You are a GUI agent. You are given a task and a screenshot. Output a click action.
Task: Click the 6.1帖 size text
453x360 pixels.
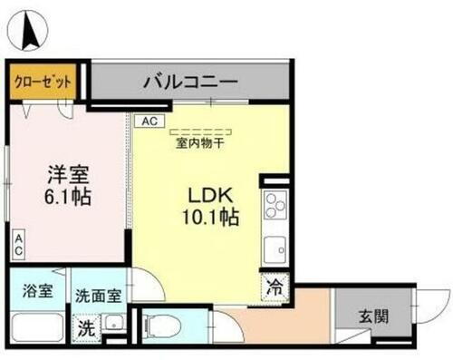click(65, 196)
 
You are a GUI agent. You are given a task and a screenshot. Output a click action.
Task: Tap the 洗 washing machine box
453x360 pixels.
click(87, 328)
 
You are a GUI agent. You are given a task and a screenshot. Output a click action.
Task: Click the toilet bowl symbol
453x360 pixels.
click(160, 323)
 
